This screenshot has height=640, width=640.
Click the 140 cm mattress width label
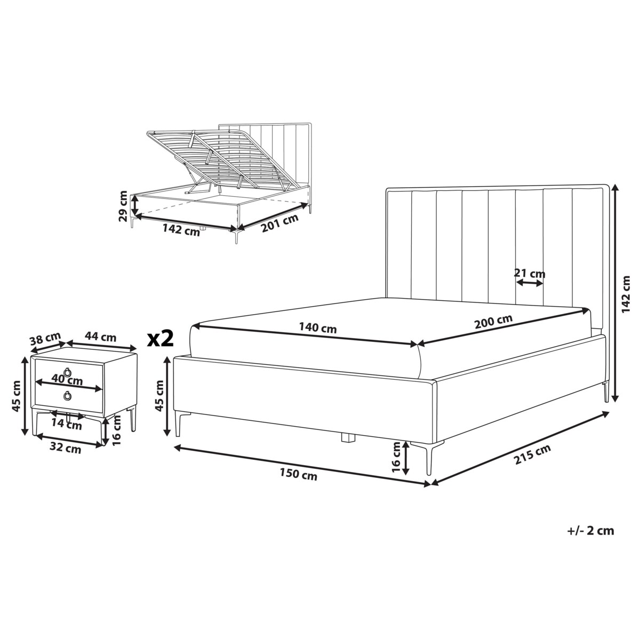317,329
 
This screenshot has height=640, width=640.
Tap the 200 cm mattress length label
493,321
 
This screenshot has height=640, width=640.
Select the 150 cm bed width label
298,475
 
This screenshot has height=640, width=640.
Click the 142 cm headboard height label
626,293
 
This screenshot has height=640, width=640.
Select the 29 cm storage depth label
123,206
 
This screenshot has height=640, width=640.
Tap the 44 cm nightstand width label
100,337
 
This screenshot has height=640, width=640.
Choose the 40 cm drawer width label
67,379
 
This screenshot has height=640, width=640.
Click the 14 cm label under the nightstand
67,425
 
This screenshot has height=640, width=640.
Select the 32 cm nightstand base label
65,449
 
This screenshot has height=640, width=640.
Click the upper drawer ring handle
67,372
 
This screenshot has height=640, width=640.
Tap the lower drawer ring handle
67,395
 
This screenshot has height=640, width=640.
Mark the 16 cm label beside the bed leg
397,458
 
